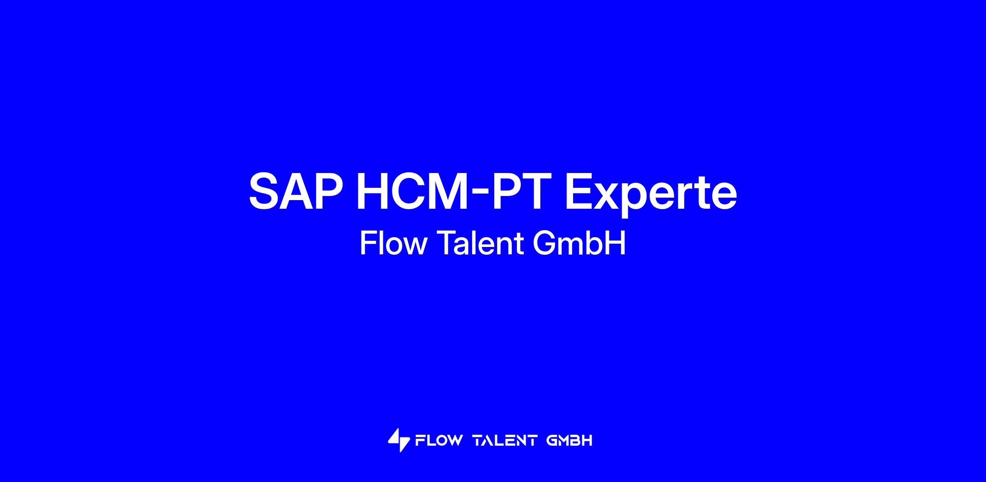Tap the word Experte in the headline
651,194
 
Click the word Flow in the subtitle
394,243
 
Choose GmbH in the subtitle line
579,243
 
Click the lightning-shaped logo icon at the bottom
399,440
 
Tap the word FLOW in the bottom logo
439,440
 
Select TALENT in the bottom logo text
505,440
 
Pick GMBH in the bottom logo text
569,440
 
